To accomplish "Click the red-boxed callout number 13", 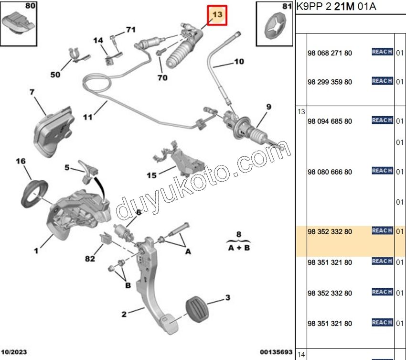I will pos(217,15).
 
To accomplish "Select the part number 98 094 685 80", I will pos(330,121).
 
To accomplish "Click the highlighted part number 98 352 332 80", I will pos(330,232).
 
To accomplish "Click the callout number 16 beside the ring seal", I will pos(21,162).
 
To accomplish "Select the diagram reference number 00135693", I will pos(276,352).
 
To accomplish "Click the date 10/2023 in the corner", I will pos(13,352).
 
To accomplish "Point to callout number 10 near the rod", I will pos(238,62).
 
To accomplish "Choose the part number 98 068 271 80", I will pos(330,53).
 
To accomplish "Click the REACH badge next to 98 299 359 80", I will pos(382,81).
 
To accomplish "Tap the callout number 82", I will pos(90,259).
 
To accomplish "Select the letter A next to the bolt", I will pos(188,251).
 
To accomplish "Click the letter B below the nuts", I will pos(128,285).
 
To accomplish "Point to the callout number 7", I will pos(32,92).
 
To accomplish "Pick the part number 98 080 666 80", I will pos(330,172).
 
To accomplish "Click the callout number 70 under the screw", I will pos(162,77).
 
